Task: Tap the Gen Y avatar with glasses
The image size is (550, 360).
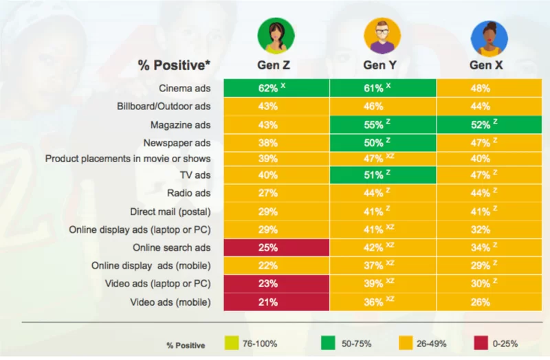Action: pos(382,36)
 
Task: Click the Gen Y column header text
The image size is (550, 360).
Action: pos(382,65)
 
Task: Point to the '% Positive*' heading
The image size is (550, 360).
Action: pos(175,66)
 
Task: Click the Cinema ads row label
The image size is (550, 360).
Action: pos(185,89)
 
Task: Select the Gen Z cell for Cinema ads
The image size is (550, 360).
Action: pos(276,89)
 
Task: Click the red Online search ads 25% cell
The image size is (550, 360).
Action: pos(276,247)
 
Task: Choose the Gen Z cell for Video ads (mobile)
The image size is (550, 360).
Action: pos(276,301)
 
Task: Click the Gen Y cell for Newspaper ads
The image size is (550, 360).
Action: pos(382,142)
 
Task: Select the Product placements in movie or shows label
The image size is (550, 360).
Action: pos(128,159)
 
